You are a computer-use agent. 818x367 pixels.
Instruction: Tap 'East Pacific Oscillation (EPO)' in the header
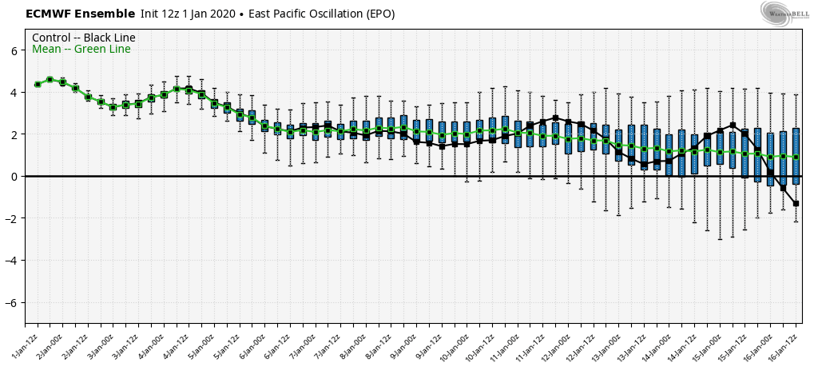tap(321, 14)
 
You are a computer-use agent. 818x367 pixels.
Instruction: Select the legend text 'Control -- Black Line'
tap(83, 38)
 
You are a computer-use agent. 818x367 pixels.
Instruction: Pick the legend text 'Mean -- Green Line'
tap(81, 50)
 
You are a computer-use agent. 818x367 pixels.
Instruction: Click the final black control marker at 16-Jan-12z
tap(796, 203)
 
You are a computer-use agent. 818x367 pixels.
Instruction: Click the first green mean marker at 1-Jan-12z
tap(38, 84)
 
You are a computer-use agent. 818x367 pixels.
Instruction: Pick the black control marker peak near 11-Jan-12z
tap(555, 118)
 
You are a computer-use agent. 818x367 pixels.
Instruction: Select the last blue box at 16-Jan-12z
tap(796, 156)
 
